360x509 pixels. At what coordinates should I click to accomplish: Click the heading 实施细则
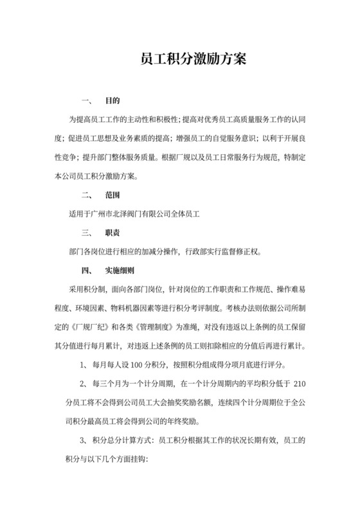[x=120, y=270]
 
